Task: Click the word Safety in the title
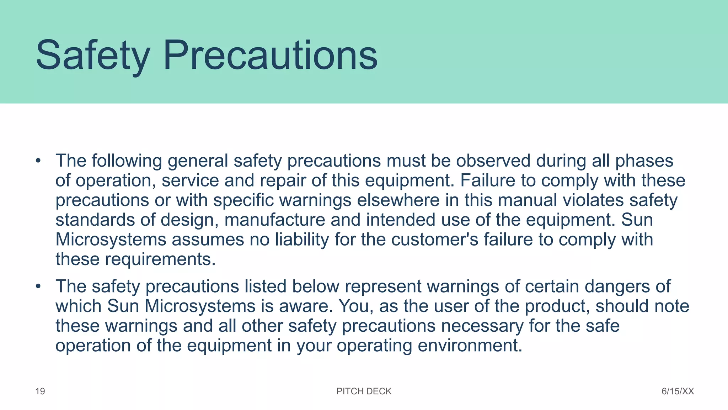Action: [x=93, y=56]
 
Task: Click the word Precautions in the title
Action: [x=270, y=56]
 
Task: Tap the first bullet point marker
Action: [x=38, y=161]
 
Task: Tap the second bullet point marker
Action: [x=38, y=286]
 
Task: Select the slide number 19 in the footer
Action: [x=40, y=391]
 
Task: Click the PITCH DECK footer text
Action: [x=364, y=391]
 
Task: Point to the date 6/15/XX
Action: [x=678, y=391]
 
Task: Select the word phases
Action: [x=644, y=161]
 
